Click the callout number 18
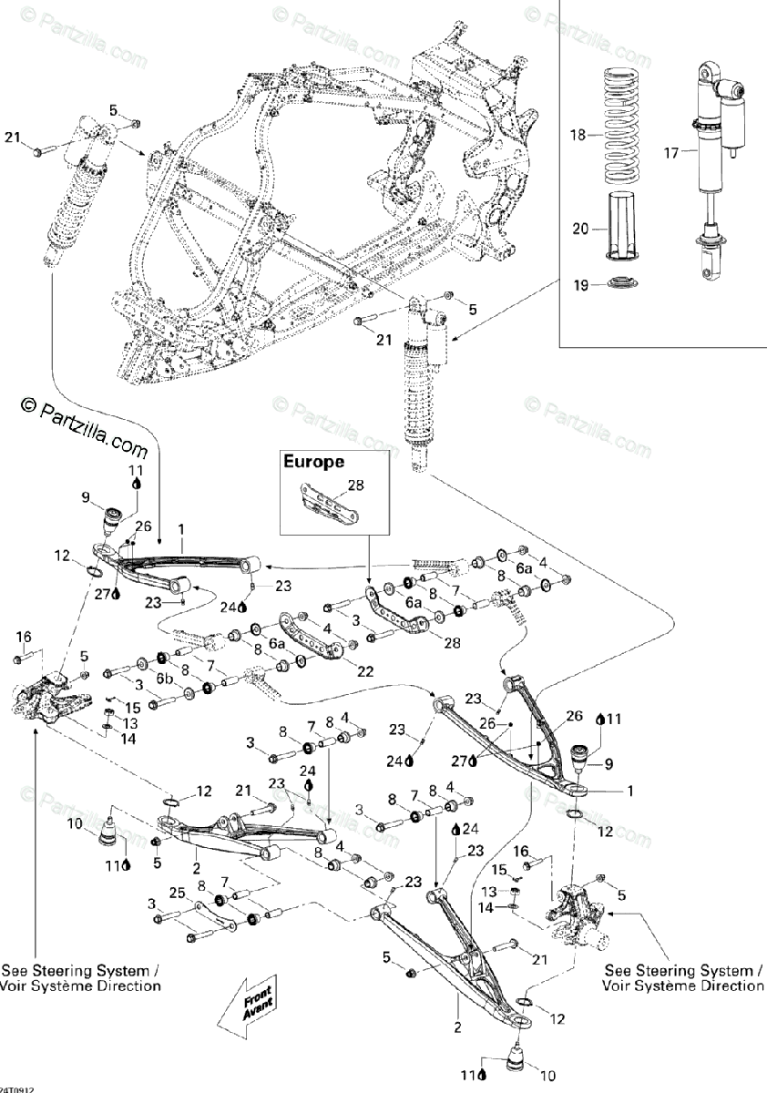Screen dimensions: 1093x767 (x=577, y=135)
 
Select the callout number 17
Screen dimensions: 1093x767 (x=670, y=153)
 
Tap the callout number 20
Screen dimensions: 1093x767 (x=579, y=230)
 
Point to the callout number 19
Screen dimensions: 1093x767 (x=579, y=285)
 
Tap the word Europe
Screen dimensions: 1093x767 (x=313, y=462)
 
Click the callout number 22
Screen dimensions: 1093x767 (x=340, y=671)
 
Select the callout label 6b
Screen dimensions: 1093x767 (x=164, y=679)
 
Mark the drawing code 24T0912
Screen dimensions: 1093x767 (x=17, y=1088)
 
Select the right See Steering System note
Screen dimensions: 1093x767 (x=683, y=978)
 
